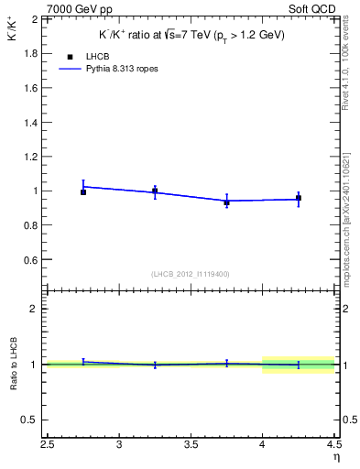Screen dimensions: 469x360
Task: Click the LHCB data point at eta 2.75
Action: click(x=83, y=192)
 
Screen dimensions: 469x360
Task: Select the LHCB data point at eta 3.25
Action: click(x=155, y=191)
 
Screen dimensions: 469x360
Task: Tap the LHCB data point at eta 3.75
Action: click(x=227, y=202)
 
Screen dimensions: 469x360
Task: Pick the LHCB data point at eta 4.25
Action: click(x=299, y=199)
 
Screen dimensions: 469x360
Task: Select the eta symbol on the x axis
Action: click(x=336, y=455)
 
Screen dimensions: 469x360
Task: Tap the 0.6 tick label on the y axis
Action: click(x=31, y=260)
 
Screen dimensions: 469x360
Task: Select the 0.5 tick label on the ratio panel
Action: click(x=33, y=420)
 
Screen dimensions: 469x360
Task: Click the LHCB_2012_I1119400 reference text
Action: click(x=191, y=274)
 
